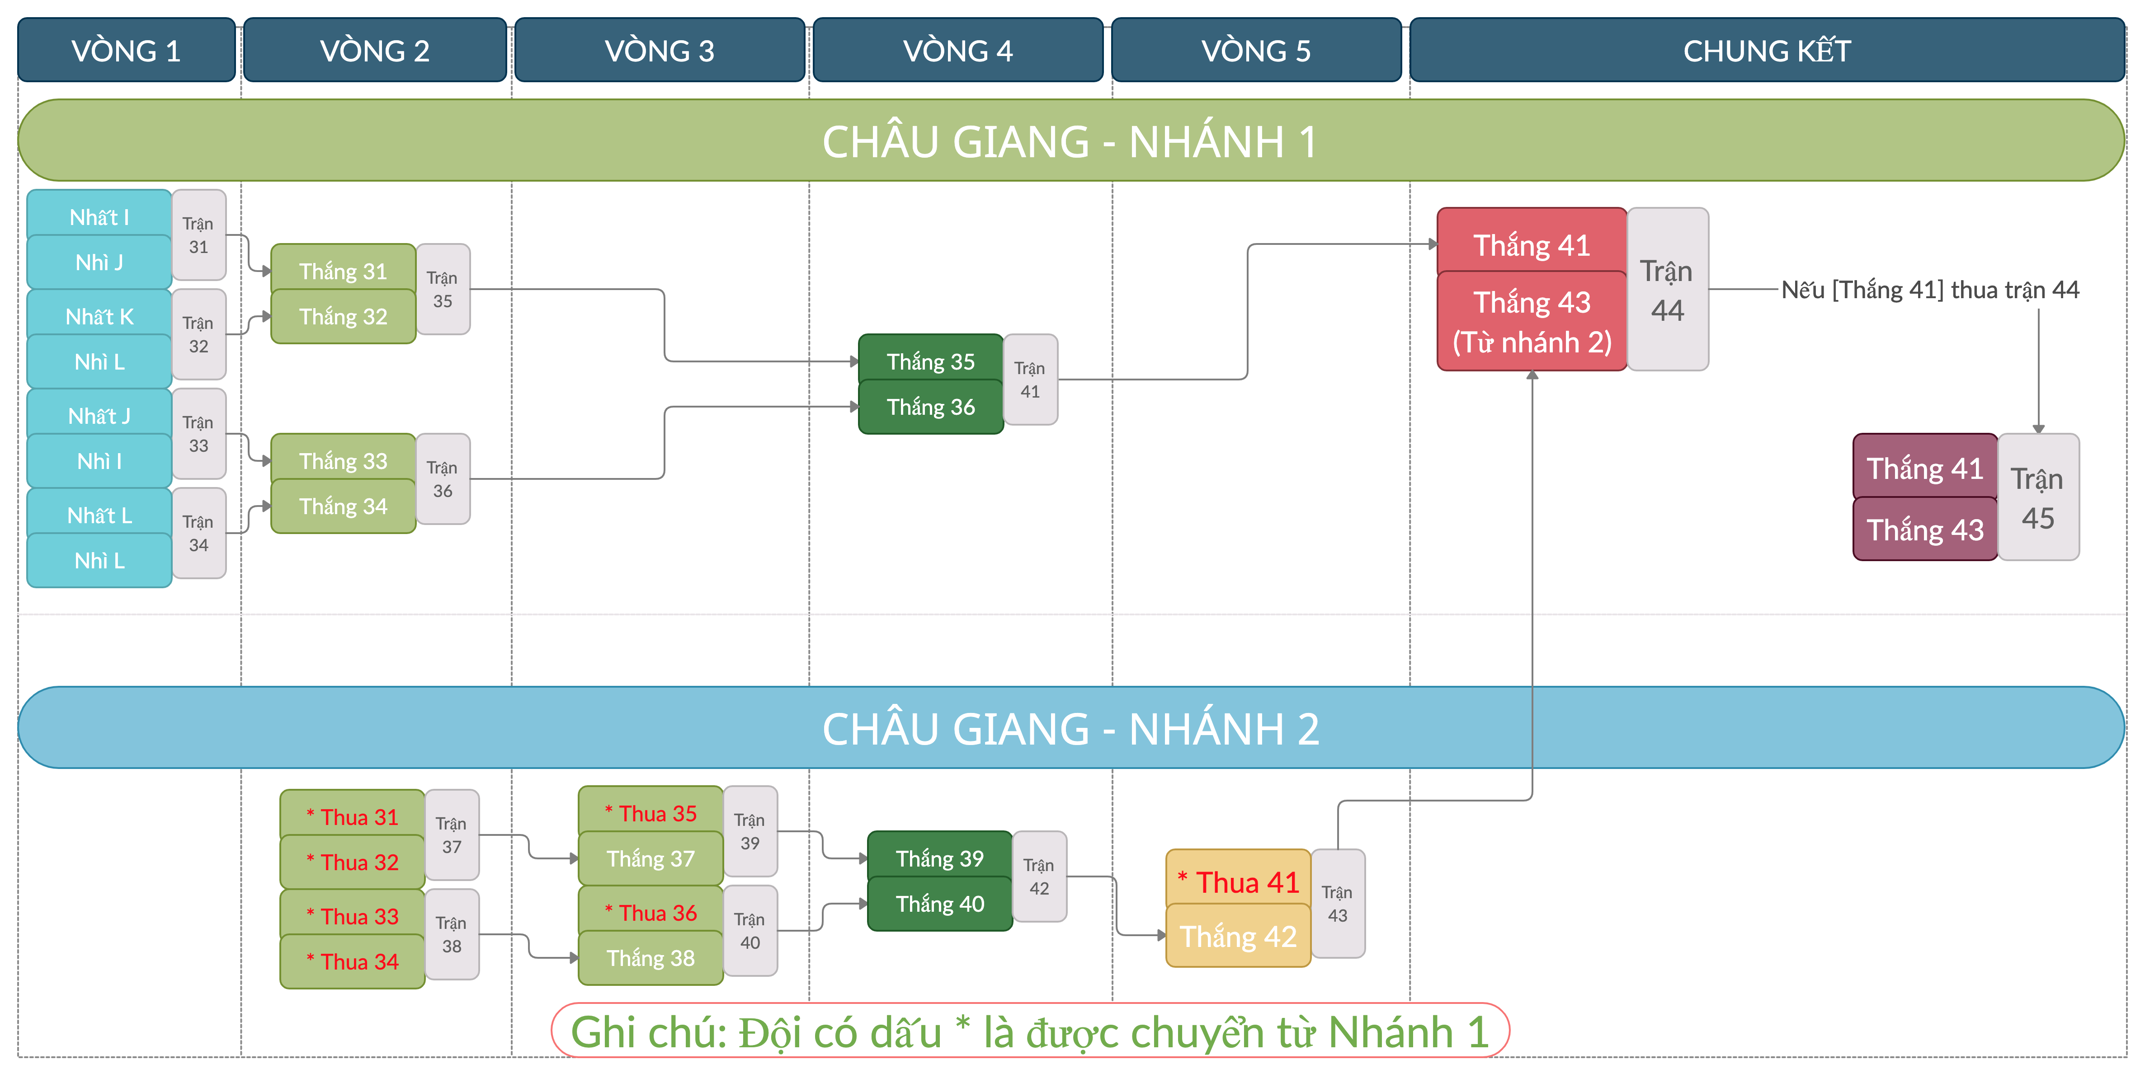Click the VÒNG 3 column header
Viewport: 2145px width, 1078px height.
(660, 51)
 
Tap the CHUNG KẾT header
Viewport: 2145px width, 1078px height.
(1766, 51)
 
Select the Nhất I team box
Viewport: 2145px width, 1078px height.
(99, 217)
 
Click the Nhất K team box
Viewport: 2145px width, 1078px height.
(99, 316)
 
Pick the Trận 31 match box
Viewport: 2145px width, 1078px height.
(198, 235)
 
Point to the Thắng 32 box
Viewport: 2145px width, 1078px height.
(343, 316)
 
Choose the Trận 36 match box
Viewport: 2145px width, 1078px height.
(442, 478)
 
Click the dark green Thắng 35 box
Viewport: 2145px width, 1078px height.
(930, 361)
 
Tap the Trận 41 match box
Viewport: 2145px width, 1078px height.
(1030, 380)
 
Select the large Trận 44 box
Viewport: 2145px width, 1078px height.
(1667, 290)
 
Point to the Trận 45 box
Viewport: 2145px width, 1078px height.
(2037, 498)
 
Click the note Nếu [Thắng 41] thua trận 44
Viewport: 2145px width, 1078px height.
(1929, 290)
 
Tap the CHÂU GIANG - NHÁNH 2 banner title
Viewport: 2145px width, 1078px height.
(1071, 728)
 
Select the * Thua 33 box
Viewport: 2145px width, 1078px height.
(352, 916)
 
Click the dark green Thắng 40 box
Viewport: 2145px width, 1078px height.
(939, 903)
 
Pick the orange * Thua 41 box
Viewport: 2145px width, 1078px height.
(1238, 881)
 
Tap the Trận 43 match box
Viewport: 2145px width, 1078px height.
(1337, 903)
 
